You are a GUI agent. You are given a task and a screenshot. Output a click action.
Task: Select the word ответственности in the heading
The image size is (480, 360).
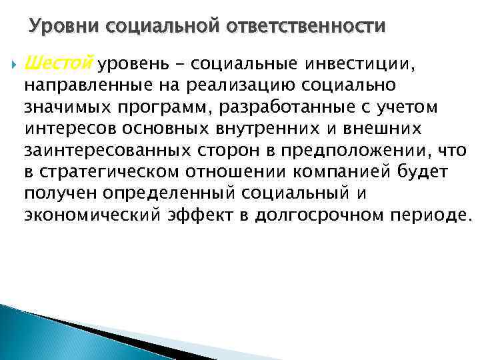(x=307, y=26)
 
